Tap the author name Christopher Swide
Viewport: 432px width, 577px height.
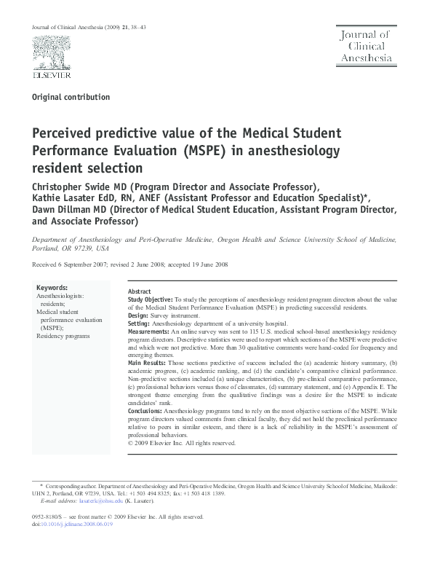(76, 186)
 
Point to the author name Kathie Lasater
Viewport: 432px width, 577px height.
(68, 198)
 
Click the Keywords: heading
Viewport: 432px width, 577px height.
(52, 288)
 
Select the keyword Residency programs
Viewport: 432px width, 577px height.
(63, 336)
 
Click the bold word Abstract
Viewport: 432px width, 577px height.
(139, 291)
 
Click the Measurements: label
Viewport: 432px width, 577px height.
(150, 331)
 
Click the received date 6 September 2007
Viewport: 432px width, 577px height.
(81, 264)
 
